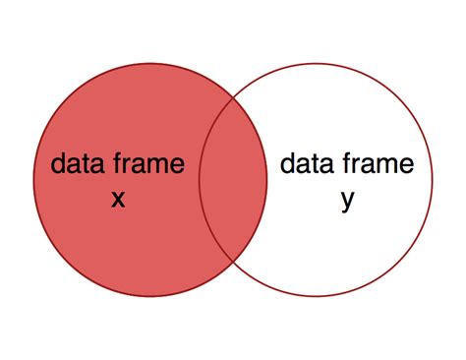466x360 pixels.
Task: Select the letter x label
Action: click(118, 198)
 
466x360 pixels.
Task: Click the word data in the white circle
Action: click(303, 163)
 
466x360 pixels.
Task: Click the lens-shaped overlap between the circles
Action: click(233, 181)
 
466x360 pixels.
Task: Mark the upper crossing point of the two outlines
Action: click(233, 98)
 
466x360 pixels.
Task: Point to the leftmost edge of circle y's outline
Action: click(200, 181)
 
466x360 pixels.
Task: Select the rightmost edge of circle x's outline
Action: click(267, 181)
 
